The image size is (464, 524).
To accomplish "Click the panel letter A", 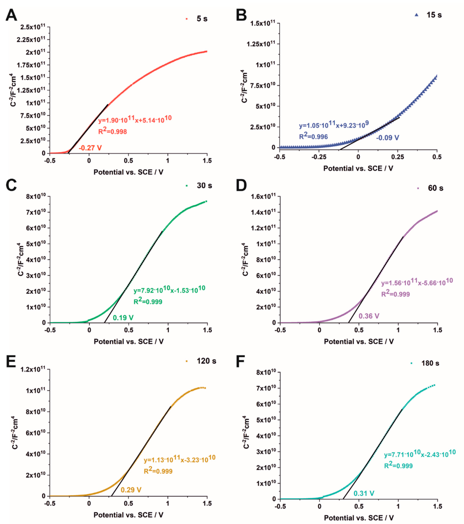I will (x=11, y=15).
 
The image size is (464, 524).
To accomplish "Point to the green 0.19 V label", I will (x=123, y=318).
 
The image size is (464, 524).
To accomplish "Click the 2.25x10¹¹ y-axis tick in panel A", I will (x=31, y=39).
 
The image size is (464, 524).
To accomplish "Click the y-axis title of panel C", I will (x=21, y=259).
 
